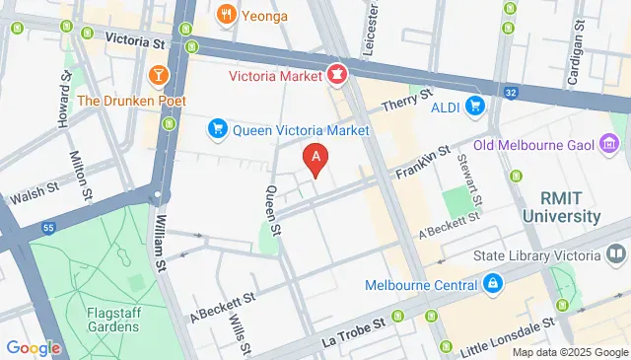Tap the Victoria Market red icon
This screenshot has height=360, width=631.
click(336, 73)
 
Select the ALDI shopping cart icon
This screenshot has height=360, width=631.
click(475, 106)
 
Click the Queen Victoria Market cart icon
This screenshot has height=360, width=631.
click(217, 129)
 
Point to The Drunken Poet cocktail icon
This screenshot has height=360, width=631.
click(159, 75)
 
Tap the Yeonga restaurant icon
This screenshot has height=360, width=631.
click(226, 14)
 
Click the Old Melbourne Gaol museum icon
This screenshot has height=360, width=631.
click(609, 146)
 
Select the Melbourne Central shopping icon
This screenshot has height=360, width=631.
click(492, 285)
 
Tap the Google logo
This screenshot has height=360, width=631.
click(33, 347)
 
